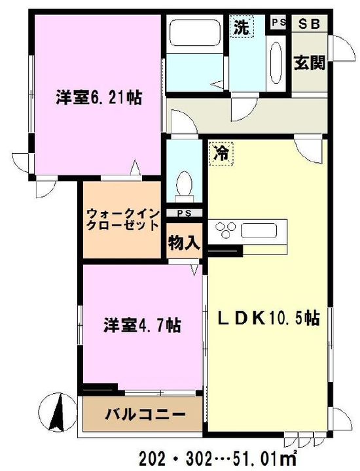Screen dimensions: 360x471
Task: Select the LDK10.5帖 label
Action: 268,319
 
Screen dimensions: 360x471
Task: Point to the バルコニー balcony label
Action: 145,415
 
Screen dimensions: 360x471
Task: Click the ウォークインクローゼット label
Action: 122,220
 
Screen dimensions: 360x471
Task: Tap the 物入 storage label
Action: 184,243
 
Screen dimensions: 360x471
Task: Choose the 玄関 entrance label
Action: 310,63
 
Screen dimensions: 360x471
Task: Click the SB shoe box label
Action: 309,24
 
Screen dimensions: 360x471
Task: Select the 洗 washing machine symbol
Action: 242,27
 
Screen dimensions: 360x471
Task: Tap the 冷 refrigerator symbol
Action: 221,154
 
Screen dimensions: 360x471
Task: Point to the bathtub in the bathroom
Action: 194,33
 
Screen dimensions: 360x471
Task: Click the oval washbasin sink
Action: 276,63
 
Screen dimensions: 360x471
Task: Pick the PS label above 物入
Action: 185,213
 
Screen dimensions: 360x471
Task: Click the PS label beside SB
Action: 279,22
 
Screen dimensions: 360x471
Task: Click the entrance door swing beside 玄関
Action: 342,48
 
